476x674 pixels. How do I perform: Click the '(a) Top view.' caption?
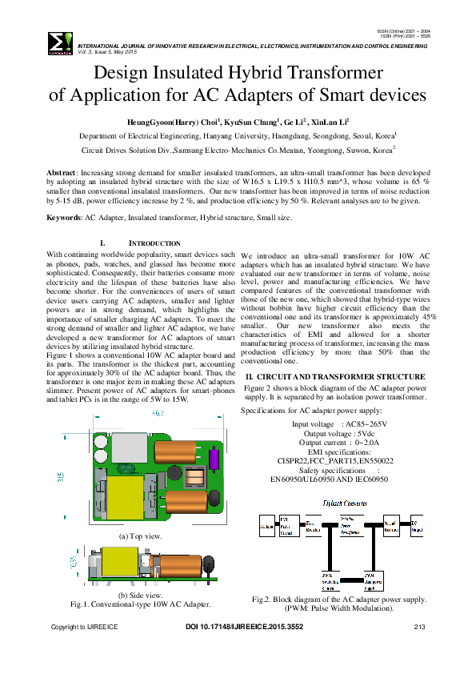pyautogui.click(x=140, y=536)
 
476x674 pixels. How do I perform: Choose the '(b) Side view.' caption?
pyautogui.click(x=140, y=596)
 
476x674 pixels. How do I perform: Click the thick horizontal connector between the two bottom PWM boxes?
pyautogui.click(x=346, y=579)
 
